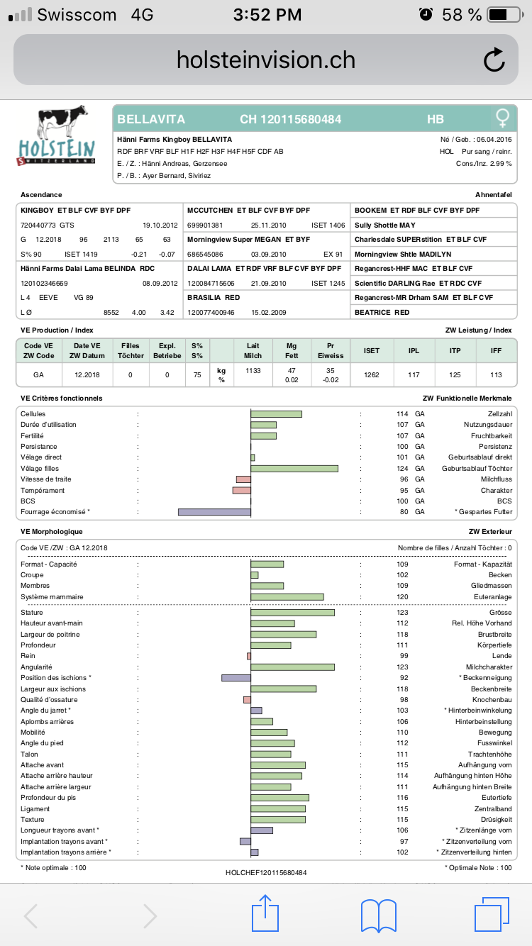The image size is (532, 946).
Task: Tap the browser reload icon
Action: (x=494, y=60)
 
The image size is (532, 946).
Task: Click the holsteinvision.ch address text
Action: (x=265, y=60)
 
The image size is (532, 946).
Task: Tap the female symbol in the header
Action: (x=502, y=118)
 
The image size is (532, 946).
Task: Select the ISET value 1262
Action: (x=371, y=374)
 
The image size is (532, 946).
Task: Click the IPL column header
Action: (x=414, y=350)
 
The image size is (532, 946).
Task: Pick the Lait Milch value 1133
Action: (x=253, y=370)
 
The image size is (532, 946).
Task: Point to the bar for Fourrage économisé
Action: (x=214, y=511)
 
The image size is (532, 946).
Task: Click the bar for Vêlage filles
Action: (x=294, y=468)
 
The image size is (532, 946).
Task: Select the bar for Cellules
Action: (x=276, y=413)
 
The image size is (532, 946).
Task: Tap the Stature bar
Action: (x=292, y=612)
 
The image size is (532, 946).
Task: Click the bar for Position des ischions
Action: (x=236, y=678)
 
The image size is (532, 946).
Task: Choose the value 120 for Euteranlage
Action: (x=402, y=597)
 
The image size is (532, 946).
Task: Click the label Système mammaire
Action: (x=52, y=597)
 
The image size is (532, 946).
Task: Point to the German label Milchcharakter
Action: (x=489, y=667)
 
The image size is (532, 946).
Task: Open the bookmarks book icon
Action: (x=379, y=916)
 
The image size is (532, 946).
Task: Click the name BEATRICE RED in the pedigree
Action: (x=382, y=312)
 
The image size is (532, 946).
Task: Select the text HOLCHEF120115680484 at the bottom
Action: (x=266, y=872)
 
